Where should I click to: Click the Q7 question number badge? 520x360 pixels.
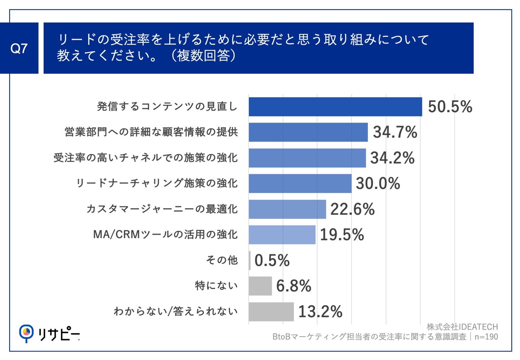pyautogui.click(x=19, y=49)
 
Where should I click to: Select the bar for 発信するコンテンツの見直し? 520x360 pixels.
pyautogui.click(x=335, y=107)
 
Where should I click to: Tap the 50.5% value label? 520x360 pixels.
pyautogui.click(x=450, y=107)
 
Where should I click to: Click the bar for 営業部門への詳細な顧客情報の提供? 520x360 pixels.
pyautogui.click(x=308, y=133)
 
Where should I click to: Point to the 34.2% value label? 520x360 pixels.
pyautogui.click(x=393, y=158)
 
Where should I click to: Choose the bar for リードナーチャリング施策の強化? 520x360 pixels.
pyautogui.click(x=300, y=184)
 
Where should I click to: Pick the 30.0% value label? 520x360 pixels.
pyautogui.click(x=378, y=184)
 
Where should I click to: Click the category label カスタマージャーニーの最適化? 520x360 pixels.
pyautogui.click(x=162, y=209)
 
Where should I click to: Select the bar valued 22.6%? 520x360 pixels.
pyautogui.click(x=287, y=209)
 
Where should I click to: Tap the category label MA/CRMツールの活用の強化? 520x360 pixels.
pyautogui.click(x=165, y=235)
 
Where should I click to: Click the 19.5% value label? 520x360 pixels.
pyautogui.click(x=342, y=235)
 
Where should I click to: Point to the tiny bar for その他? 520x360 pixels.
pyautogui.click(x=250, y=260)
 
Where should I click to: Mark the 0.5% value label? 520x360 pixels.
pyautogui.click(x=272, y=260)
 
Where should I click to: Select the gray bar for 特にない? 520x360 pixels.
pyautogui.click(x=260, y=286)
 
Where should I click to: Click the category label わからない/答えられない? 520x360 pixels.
pyautogui.click(x=175, y=311)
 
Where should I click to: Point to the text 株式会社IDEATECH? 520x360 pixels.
pyautogui.click(x=462, y=326)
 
